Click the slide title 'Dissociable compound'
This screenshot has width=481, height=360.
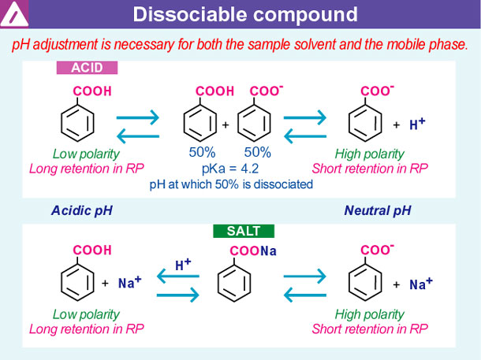(x=244, y=14)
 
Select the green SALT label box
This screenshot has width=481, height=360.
(x=243, y=231)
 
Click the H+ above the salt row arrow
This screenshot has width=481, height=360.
(x=184, y=265)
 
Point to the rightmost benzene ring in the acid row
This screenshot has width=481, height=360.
(x=364, y=124)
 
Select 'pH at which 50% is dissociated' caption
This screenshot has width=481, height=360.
(x=231, y=184)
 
